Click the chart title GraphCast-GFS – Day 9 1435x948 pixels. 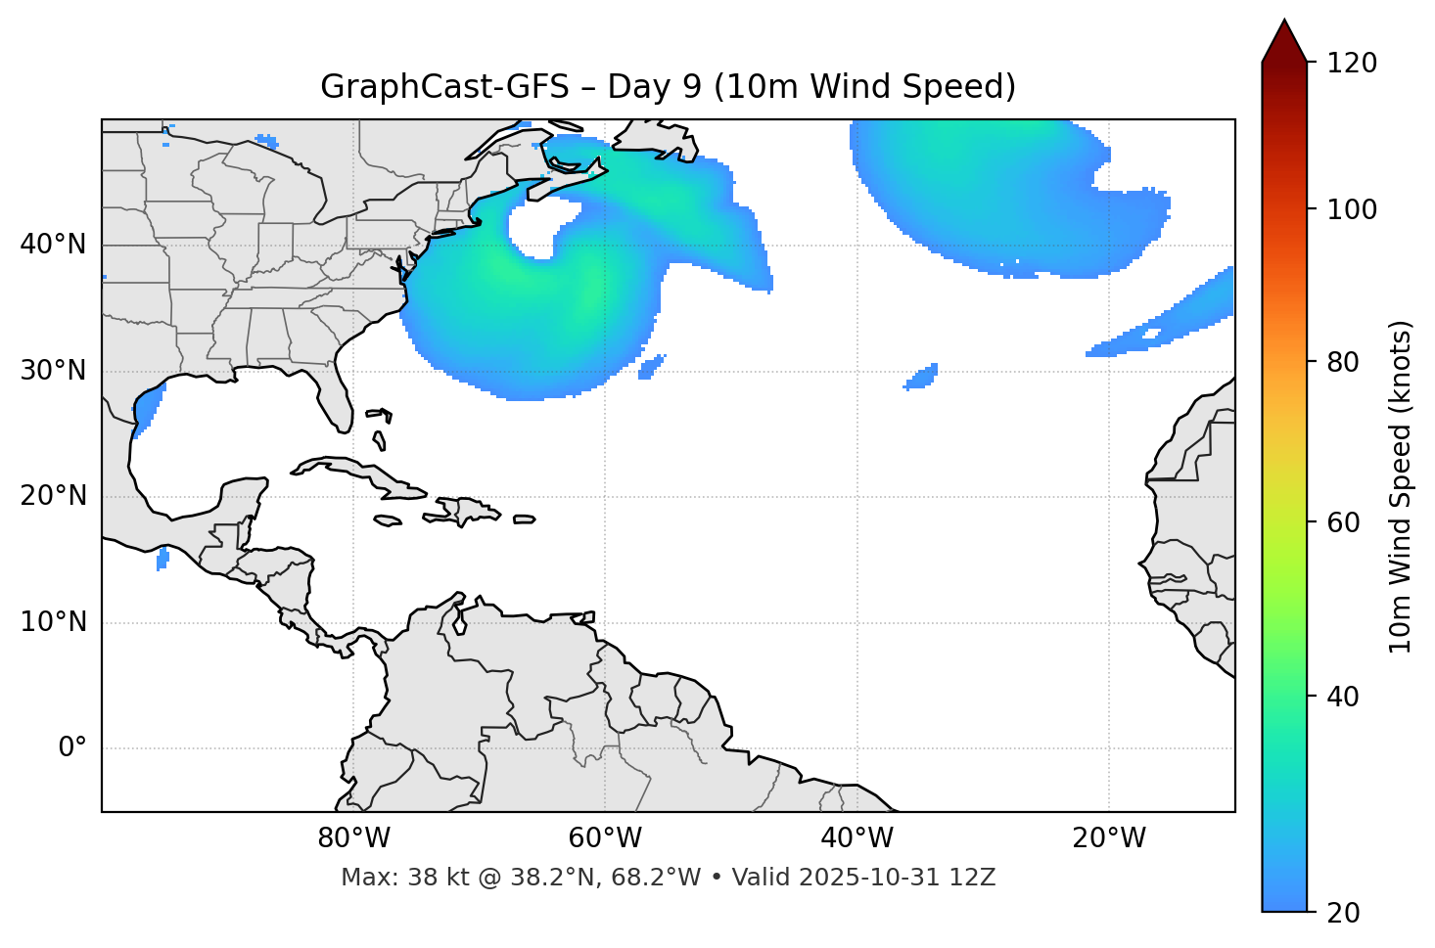tap(668, 87)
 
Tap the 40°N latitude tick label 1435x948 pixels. tap(53, 245)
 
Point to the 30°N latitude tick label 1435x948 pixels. tap(53, 371)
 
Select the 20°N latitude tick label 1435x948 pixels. tap(53, 496)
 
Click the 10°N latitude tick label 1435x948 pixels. tap(53, 622)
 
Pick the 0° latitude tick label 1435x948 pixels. tap(72, 748)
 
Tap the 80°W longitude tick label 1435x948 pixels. tap(353, 838)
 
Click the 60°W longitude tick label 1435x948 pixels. tap(605, 838)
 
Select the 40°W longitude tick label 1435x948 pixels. tap(856, 838)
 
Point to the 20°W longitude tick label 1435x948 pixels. tap(1109, 838)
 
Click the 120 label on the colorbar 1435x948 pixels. tap(1352, 64)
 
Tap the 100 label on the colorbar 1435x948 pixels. tap(1352, 209)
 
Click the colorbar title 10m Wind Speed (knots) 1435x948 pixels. tap(1401, 486)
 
